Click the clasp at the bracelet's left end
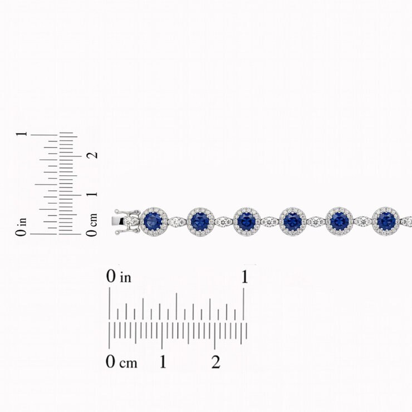[x=124, y=222]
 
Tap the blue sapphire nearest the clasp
[x=153, y=221]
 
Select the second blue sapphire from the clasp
[x=200, y=221]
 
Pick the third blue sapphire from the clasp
[x=247, y=221]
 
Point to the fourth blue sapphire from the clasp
[x=293, y=221]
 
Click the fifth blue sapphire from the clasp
[x=339, y=221]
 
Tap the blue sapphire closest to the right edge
[x=386, y=221]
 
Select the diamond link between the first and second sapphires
[x=177, y=222]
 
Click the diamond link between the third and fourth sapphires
[x=269, y=222]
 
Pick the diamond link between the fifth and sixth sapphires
[x=362, y=222]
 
